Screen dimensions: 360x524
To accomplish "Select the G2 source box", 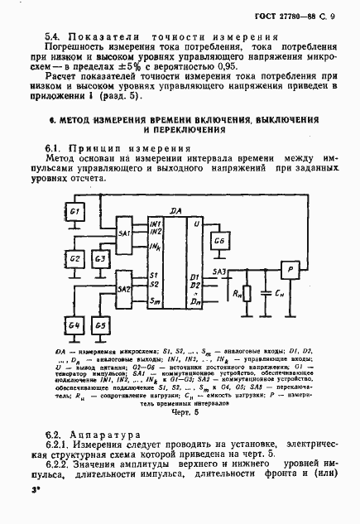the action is pos(75,258).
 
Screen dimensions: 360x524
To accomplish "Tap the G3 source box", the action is pos(100,258).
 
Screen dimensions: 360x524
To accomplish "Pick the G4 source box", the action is pos(75,325).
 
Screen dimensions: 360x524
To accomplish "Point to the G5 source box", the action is pos(100,325).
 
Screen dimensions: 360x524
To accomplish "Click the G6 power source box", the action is pos(219,241).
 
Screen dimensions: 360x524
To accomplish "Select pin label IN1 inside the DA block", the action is pos(155,224).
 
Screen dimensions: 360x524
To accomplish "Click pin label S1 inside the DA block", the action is pos(154,275).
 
